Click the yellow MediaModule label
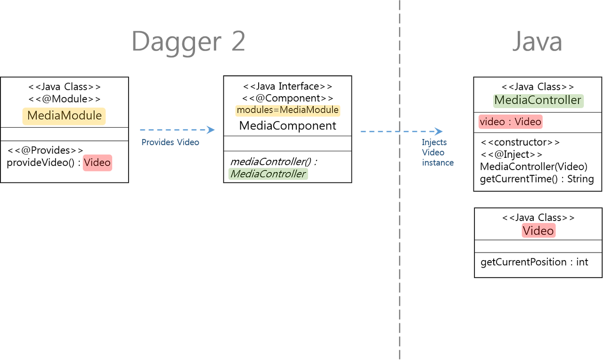tap(64, 116)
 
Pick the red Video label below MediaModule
tap(97, 163)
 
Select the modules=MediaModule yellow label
tap(287, 110)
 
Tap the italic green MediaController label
tap(268, 174)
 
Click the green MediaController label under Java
tap(538, 100)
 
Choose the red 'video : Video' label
tap(510, 122)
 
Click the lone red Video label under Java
tap(538, 230)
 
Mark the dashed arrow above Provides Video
tap(177, 130)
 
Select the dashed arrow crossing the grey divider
tap(400, 131)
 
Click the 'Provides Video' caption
tap(170, 142)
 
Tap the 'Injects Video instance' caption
tap(437, 152)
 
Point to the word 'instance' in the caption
tap(438, 163)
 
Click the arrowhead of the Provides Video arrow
tap(211, 130)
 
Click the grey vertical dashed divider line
tap(399, 236)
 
